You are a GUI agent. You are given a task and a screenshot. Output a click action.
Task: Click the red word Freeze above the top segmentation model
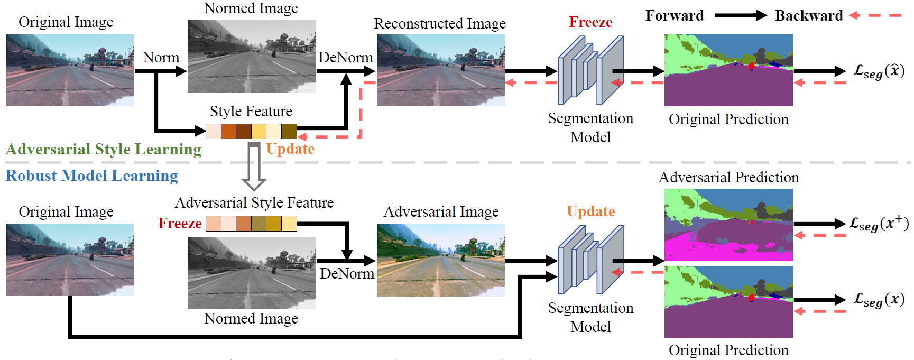tap(590, 22)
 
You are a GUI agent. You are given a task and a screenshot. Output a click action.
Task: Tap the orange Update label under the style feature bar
tap(290, 149)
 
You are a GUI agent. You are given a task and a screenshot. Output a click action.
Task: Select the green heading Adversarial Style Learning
tap(104, 150)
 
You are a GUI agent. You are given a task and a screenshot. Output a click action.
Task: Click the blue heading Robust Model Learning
tap(91, 176)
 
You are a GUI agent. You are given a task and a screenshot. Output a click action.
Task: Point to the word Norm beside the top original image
tap(161, 57)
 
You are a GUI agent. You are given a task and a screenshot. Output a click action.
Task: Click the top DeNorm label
tap(346, 57)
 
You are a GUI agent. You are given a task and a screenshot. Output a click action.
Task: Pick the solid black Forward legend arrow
tap(740, 16)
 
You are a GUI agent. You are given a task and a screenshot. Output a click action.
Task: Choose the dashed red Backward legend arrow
tap(875, 16)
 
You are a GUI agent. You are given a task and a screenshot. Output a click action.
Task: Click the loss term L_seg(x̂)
tap(879, 71)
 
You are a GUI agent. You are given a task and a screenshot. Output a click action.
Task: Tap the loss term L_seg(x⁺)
tap(879, 224)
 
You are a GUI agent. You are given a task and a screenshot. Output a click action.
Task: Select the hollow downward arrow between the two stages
tap(254, 167)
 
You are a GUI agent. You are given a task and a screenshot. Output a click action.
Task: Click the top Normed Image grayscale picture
tap(252, 56)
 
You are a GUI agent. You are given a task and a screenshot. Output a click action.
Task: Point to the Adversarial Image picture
tap(441, 260)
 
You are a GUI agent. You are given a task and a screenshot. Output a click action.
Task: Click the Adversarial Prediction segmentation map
tap(728, 225)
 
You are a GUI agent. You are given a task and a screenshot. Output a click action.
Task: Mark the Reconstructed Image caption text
tap(440, 24)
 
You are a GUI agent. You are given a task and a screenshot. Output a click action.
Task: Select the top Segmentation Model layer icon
tap(590, 70)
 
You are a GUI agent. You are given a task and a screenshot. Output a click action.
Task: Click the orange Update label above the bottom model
tap(590, 211)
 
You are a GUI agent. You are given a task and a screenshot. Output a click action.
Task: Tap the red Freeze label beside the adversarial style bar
tap(180, 224)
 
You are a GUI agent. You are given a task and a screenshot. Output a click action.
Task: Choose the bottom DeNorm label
tap(347, 273)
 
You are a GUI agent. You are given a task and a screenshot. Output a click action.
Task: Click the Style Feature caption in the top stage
tap(251, 112)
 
